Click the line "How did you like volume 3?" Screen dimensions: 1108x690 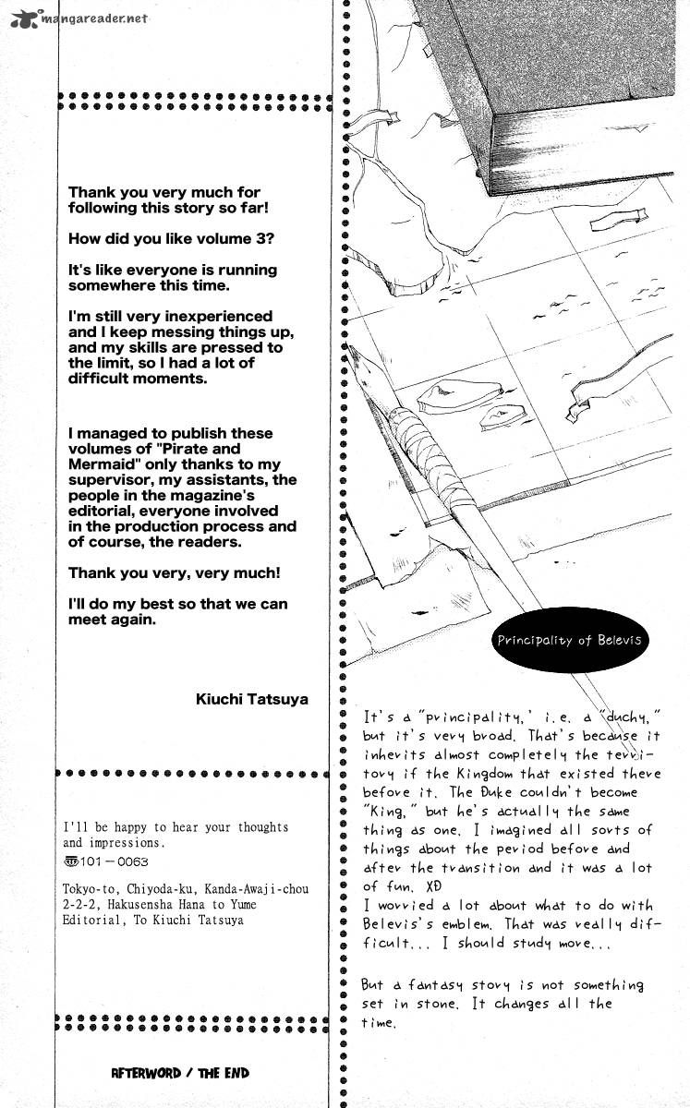(171, 238)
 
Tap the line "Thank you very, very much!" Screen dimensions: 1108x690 (175, 572)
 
